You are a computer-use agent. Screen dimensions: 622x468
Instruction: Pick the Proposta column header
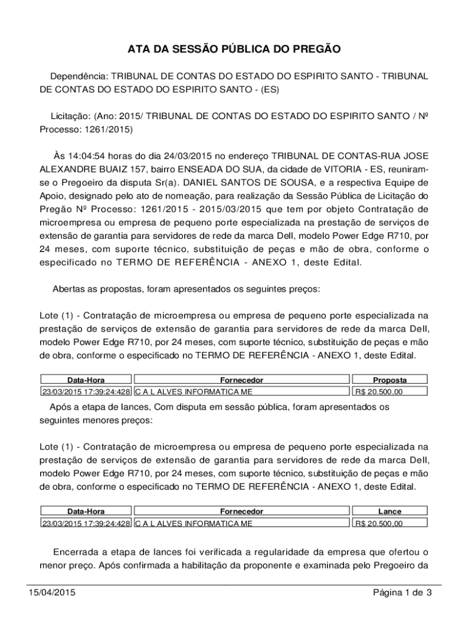point(390,380)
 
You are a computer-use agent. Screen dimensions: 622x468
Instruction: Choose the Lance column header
point(390,511)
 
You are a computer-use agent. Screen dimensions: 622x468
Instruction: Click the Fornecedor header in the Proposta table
point(241,380)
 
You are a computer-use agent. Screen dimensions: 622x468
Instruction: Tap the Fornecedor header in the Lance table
point(241,511)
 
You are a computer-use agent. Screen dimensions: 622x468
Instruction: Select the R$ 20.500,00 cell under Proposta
point(379,392)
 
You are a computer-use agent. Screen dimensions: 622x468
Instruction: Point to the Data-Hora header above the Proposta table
point(86,380)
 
